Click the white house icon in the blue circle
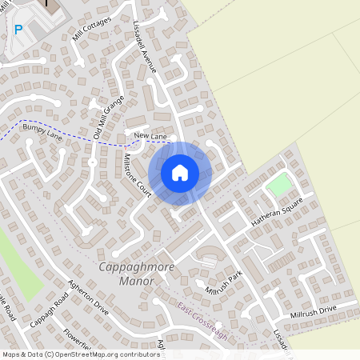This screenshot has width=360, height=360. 180,172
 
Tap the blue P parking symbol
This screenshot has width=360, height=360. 18,30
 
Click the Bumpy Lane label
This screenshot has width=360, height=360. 42,131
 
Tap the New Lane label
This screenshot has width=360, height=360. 150,137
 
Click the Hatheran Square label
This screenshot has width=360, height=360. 275,210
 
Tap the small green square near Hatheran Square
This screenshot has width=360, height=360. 278,185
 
